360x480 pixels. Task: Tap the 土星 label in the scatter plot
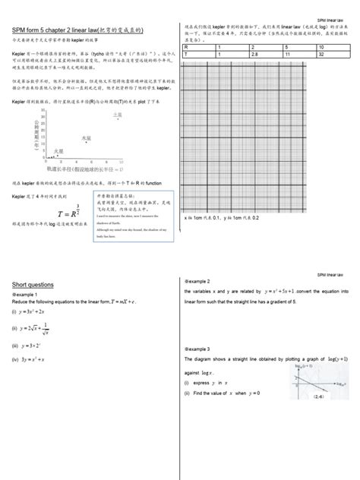pyautogui.click(x=117, y=115)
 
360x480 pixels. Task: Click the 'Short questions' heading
pyautogui.click(x=33, y=284)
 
